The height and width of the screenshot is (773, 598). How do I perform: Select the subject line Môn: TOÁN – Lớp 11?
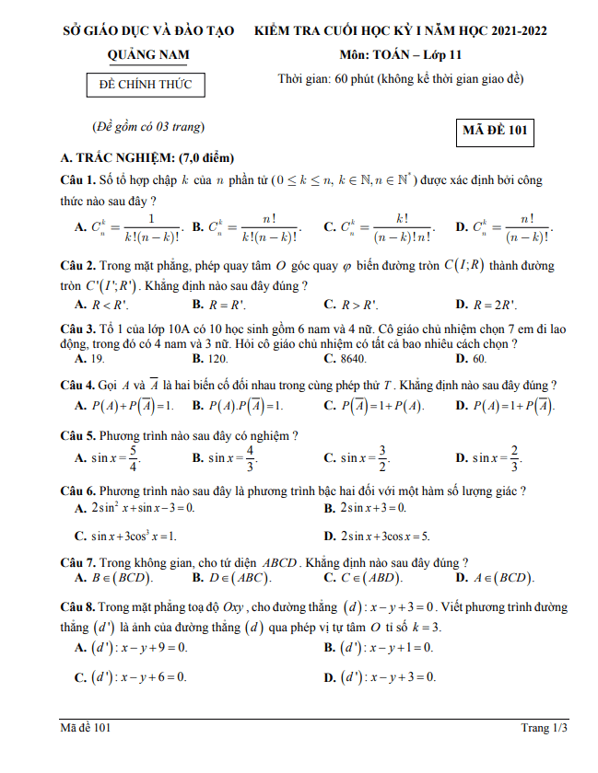pos(400,55)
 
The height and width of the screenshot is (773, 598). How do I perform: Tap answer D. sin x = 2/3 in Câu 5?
pos(489,457)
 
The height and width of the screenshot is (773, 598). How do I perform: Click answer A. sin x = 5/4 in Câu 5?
pos(107,457)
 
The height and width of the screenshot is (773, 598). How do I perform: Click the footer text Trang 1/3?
pos(544,728)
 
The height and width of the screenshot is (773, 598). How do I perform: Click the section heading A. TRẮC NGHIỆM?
pos(147,157)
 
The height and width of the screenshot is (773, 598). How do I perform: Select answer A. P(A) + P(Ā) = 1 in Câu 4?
pos(124,405)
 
